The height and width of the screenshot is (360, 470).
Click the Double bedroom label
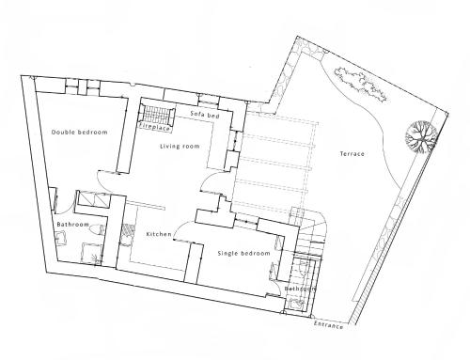point(80,133)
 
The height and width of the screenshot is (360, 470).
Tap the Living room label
point(180,147)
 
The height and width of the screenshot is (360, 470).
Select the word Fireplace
point(154,127)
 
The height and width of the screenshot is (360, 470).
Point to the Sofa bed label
point(205,115)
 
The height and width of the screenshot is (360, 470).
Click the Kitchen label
point(159,234)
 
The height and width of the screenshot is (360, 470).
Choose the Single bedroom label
point(243,253)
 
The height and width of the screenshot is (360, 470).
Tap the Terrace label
point(352,154)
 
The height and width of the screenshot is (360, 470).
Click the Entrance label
point(328,325)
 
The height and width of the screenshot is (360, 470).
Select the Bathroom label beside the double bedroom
point(73,225)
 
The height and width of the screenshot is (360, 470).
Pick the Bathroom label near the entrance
point(300,289)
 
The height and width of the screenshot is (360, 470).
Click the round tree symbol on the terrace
point(421,137)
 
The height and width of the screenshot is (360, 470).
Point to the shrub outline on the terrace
point(360,84)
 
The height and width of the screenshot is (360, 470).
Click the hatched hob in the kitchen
point(128,230)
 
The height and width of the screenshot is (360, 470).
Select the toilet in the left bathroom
point(97,229)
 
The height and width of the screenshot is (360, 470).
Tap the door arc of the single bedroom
point(180,227)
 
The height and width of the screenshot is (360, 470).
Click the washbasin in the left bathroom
point(61,238)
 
